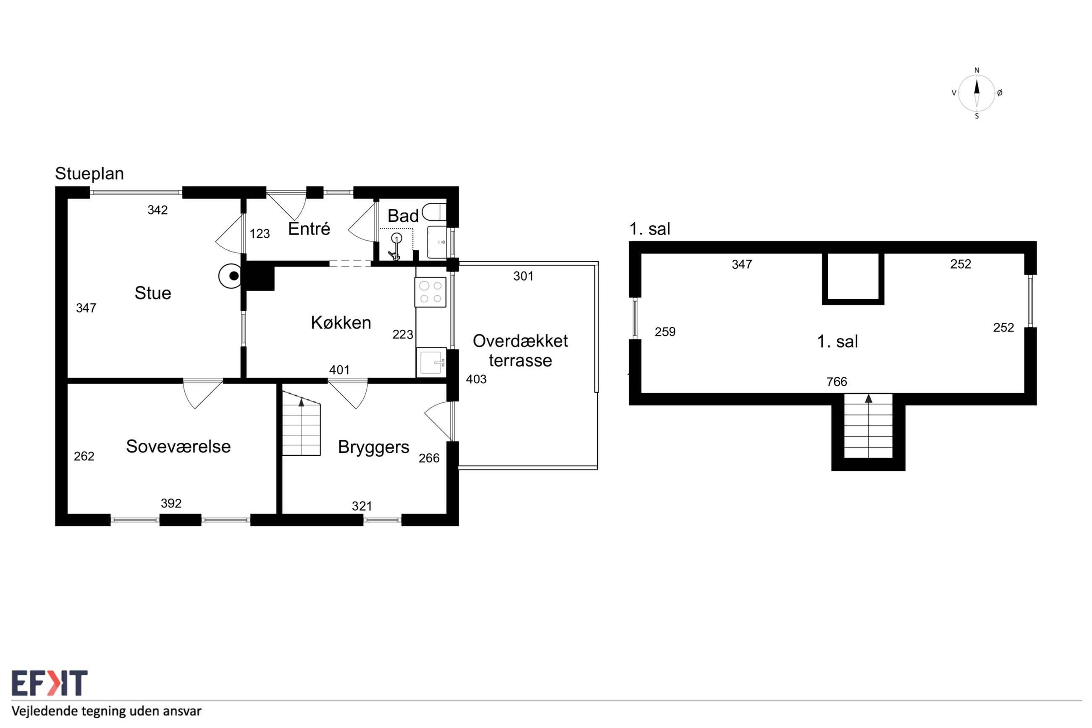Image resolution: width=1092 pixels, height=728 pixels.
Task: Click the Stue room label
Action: (153, 293)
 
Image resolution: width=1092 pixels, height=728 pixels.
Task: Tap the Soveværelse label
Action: (178, 446)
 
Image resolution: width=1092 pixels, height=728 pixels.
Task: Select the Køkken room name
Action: (341, 322)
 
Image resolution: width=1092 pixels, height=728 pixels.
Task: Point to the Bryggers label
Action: (374, 447)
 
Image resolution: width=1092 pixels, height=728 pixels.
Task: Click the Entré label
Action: (309, 229)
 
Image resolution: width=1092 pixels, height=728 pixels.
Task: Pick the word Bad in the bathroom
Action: (403, 216)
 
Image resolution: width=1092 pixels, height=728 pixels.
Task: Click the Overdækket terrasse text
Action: (520, 350)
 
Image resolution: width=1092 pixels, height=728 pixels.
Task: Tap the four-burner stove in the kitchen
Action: (430, 292)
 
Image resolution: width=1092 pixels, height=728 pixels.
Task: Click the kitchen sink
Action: (432, 362)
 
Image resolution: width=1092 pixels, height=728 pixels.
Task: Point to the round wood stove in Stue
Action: (230, 276)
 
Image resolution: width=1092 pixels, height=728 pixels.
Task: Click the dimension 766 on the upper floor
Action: (837, 381)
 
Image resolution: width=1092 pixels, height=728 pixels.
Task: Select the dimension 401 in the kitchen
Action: (339, 370)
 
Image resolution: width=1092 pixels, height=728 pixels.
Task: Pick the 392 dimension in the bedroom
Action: (171, 503)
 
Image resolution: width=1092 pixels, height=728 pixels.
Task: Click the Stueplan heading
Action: (89, 173)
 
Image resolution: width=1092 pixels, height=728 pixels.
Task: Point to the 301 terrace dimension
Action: (523, 276)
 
